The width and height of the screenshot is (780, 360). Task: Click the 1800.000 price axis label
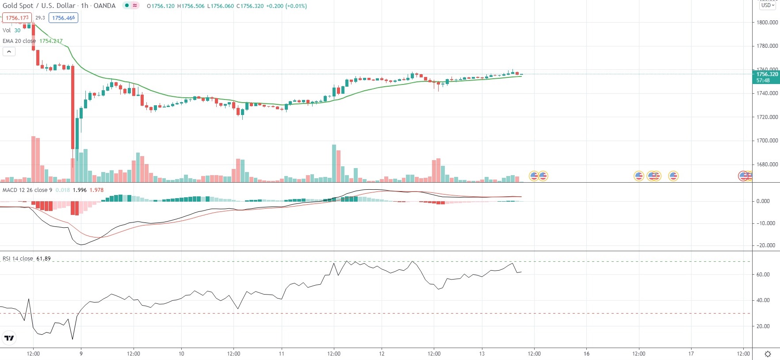pyautogui.click(x=767, y=22)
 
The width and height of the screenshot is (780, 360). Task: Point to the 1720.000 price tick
pyautogui.click(x=767, y=117)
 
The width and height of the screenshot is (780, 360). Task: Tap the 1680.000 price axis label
pyautogui.click(x=767, y=165)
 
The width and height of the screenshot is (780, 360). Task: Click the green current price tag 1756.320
pyautogui.click(x=767, y=77)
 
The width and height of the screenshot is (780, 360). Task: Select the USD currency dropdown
pyautogui.click(x=768, y=5)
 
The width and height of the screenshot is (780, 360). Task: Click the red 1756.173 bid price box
pyautogui.click(x=17, y=18)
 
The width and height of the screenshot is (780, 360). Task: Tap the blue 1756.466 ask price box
pyautogui.click(x=63, y=18)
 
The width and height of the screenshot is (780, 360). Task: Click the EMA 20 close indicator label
pyautogui.click(x=19, y=41)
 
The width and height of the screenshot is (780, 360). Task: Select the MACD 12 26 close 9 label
pyautogui.click(x=27, y=190)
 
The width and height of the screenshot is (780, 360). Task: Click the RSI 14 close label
pyautogui.click(x=18, y=259)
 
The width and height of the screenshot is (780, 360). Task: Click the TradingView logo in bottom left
pyautogui.click(x=9, y=338)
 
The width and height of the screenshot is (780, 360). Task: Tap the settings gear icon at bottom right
pyautogui.click(x=768, y=354)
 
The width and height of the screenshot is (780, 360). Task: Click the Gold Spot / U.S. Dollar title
pyautogui.click(x=39, y=6)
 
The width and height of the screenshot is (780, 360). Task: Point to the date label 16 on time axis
pyautogui.click(x=586, y=354)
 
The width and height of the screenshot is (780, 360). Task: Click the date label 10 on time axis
pyautogui.click(x=181, y=354)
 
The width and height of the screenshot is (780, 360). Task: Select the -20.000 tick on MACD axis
pyautogui.click(x=765, y=245)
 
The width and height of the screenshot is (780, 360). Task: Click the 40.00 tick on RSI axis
pyautogui.click(x=763, y=300)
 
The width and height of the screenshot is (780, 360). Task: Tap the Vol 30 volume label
pyautogui.click(x=11, y=31)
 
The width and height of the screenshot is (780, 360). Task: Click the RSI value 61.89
pyautogui.click(x=43, y=259)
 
